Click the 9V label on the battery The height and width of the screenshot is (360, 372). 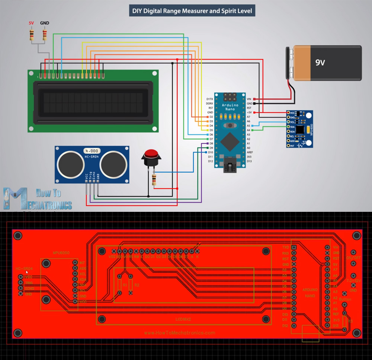click(x=320, y=63)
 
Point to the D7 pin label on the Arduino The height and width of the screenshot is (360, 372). click(x=211, y=139)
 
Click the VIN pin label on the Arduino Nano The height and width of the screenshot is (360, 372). click(x=249, y=99)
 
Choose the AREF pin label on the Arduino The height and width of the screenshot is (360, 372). click(x=250, y=152)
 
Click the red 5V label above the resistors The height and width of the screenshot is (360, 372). click(x=31, y=23)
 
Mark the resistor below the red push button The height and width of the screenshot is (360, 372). click(x=154, y=180)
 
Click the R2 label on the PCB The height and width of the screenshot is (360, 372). click(x=137, y=285)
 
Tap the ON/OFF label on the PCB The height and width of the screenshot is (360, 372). click(x=353, y=258)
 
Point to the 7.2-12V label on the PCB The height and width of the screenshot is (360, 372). click(x=353, y=280)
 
